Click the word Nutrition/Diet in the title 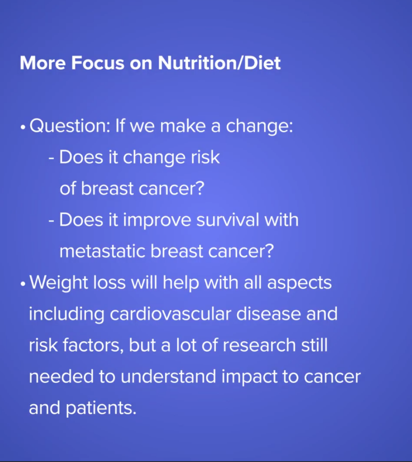coord(219,63)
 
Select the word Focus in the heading coord(98,63)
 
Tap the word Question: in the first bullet coord(70,126)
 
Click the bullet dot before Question coord(23,128)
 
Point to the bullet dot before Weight coord(23,284)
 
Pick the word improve coord(157,221)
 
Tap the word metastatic coord(102,251)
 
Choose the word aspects coord(299,283)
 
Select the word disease coord(268,314)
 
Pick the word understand coord(168,376)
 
